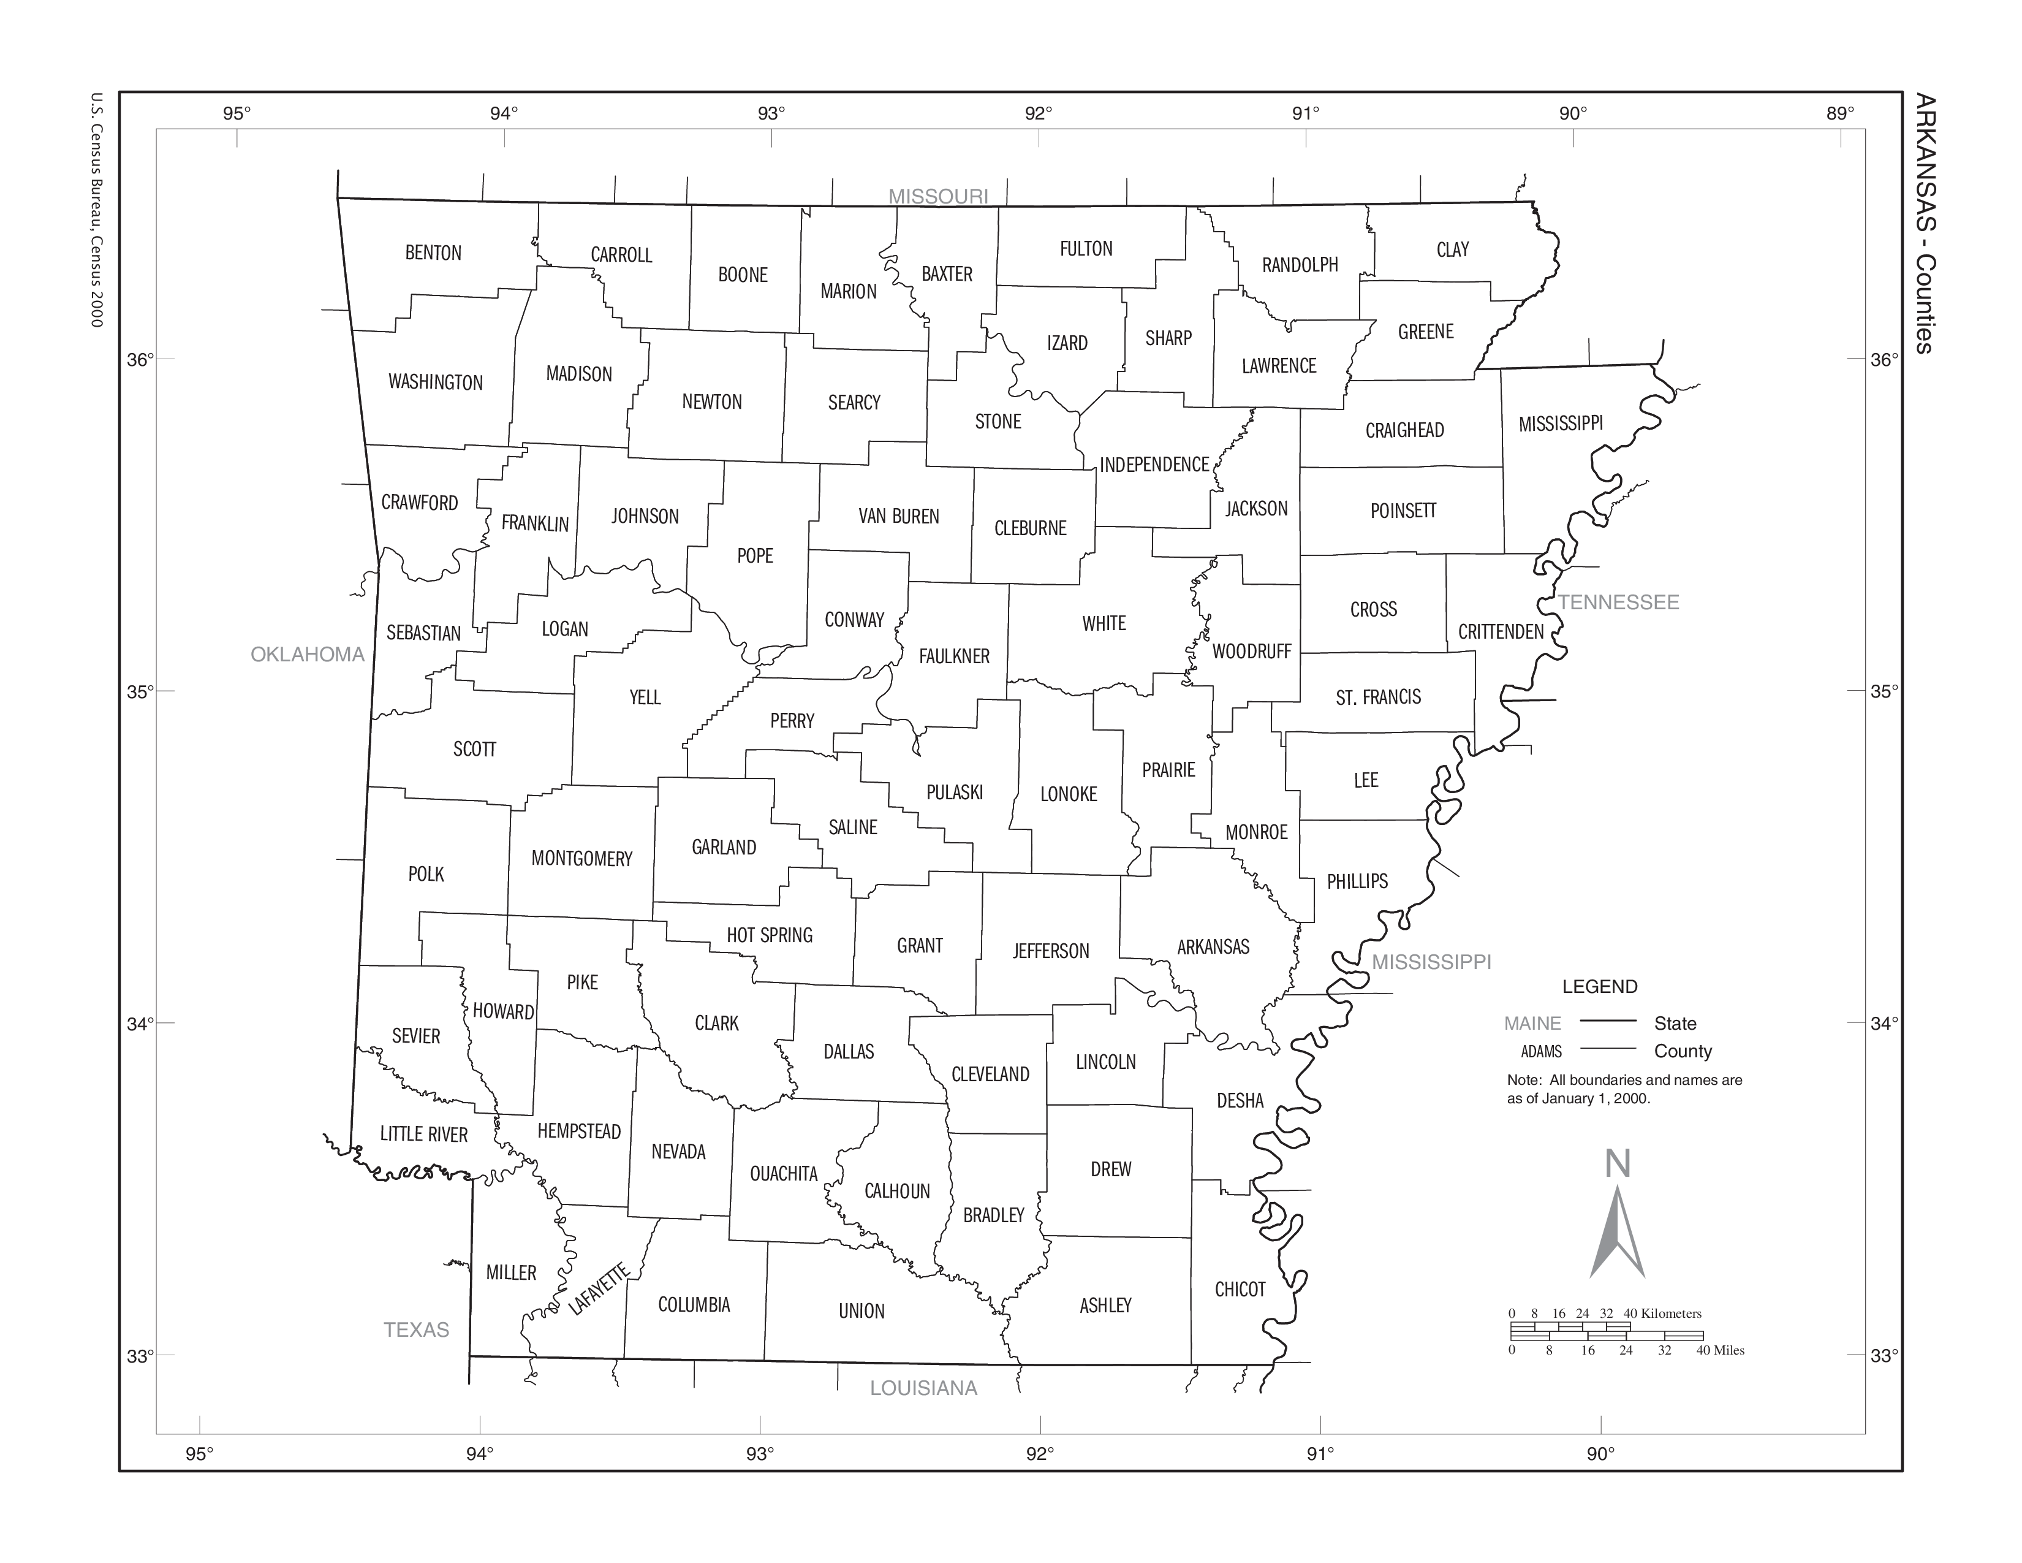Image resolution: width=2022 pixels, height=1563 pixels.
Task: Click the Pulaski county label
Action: (x=955, y=793)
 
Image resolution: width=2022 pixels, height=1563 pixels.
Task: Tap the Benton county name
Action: (x=433, y=253)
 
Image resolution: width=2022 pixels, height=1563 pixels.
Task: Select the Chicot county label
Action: (x=1240, y=1290)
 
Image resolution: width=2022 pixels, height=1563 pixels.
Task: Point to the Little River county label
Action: (x=424, y=1135)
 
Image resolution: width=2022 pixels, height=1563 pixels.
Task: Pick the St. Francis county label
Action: (x=1377, y=698)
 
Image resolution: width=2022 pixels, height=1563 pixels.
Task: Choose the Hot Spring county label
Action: (x=770, y=935)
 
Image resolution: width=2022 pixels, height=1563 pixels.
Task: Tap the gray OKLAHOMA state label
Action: (x=308, y=655)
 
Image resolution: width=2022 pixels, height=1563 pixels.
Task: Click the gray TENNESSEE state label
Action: (x=1618, y=603)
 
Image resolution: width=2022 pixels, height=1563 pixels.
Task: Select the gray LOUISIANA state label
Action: (x=923, y=1388)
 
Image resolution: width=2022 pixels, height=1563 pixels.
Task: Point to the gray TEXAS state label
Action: (x=417, y=1329)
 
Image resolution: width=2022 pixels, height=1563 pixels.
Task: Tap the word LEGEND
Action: (x=1600, y=986)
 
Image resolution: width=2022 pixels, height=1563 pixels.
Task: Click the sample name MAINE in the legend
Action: (x=1532, y=1023)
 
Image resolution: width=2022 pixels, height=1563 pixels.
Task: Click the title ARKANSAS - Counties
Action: (x=1924, y=222)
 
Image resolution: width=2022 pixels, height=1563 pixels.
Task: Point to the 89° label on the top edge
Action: (x=1839, y=114)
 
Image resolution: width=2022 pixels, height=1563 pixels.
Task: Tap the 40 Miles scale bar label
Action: (x=1719, y=1350)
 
